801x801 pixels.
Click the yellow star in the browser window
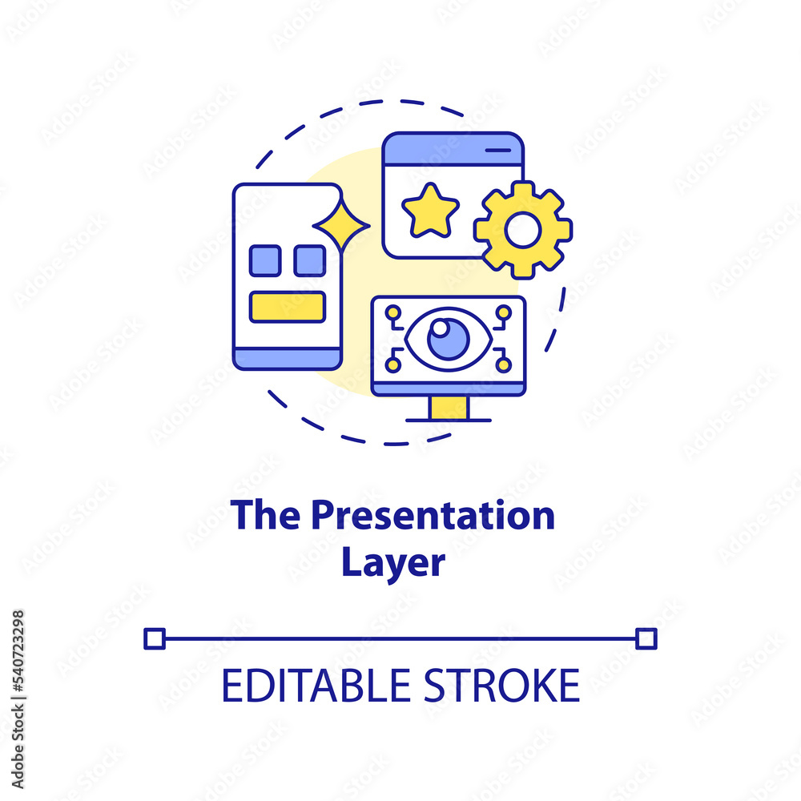[x=430, y=211]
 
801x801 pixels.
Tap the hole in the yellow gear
[x=522, y=230]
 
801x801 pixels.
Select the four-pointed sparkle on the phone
[x=341, y=225]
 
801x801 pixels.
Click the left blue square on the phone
[x=265, y=260]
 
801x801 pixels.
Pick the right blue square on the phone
[x=309, y=260]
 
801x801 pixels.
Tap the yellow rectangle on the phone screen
[x=288, y=307]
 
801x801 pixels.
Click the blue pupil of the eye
[x=449, y=339]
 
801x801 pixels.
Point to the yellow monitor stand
[x=449, y=408]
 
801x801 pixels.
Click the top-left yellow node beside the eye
[x=392, y=312]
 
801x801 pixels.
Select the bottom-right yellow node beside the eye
[x=503, y=364]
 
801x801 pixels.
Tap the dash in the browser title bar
[x=498, y=151]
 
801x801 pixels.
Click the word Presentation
[x=433, y=515]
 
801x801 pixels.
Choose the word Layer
[x=393, y=563]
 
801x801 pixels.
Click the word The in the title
[x=266, y=514]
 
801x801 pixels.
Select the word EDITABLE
[x=316, y=686]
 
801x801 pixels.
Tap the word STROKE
[x=501, y=686]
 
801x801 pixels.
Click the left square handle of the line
[x=155, y=638]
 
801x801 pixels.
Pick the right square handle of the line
[x=646, y=638]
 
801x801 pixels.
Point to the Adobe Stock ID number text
[x=18, y=651]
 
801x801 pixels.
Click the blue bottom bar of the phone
[x=288, y=359]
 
